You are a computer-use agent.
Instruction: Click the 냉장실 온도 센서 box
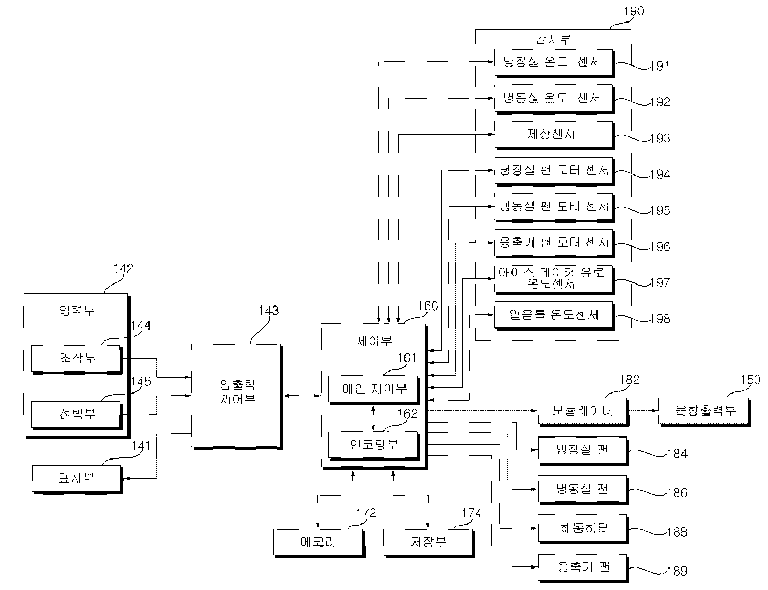[x=553, y=62]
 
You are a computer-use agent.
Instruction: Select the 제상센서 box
[x=553, y=135]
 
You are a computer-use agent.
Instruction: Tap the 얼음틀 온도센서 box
[x=553, y=315]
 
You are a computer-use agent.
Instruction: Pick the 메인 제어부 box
[x=373, y=389]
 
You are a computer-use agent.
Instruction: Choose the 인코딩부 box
[x=373, y=445]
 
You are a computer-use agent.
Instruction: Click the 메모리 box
[x=318, y=542]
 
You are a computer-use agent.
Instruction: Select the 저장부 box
[x=428, y=542]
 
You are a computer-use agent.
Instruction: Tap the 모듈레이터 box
[x=582, y=410]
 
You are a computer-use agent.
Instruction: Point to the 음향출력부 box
[x=703, y=410]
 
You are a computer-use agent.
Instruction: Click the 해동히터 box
[x=582, y=528]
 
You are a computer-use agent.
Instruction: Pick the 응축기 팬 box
[x=582, y=567]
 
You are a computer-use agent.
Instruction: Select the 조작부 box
[x=76, y=358]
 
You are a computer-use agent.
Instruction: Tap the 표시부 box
[x=76, y=478]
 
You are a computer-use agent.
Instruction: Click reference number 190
[x=634, y=11]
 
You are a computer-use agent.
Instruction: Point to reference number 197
[x=659, y=282]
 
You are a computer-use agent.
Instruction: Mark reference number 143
[x=268, y=311]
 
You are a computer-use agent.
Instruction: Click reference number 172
[x=366, y=513]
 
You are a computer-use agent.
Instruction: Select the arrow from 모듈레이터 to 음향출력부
[x=643, y=410]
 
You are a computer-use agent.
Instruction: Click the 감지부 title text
[x=552, y=39]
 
